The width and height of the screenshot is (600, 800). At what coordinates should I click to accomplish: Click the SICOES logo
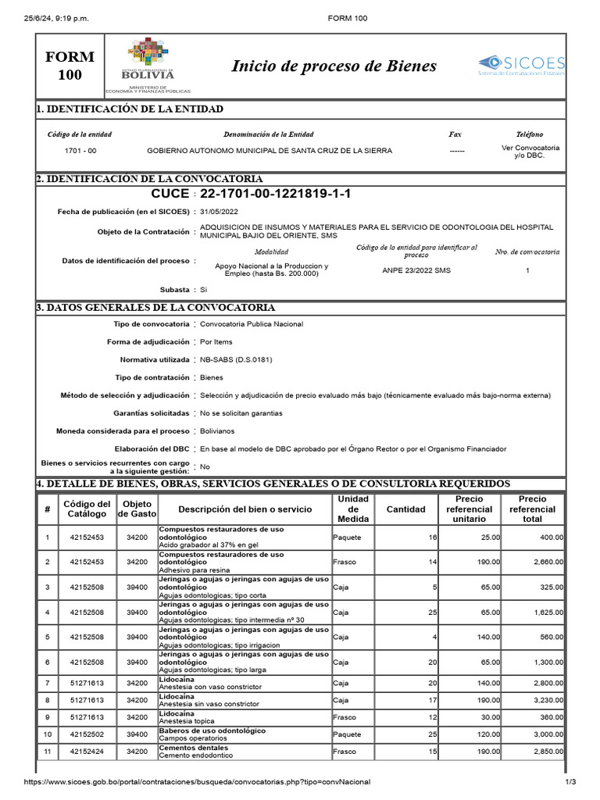click(x=521, y=65)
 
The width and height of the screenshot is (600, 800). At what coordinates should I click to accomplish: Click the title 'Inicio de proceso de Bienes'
click(x=334, y=66)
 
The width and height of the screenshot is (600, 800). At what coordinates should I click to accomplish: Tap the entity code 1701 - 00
click(x=80, y=151)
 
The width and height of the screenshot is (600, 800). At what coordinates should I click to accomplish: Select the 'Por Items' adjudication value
click(x=217, y=341)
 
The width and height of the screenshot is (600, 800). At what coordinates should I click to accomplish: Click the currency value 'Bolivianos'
click(x=217, y=431)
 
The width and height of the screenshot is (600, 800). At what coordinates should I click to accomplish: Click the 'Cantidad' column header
click(x=406, y=509)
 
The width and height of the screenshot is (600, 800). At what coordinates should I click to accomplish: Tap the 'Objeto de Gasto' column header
click(x=137, y=509)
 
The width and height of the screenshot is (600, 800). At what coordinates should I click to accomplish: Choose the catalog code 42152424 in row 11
click(x=80, y=752)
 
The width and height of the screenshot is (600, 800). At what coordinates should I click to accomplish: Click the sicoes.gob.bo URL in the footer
click(x=197, y=782)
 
